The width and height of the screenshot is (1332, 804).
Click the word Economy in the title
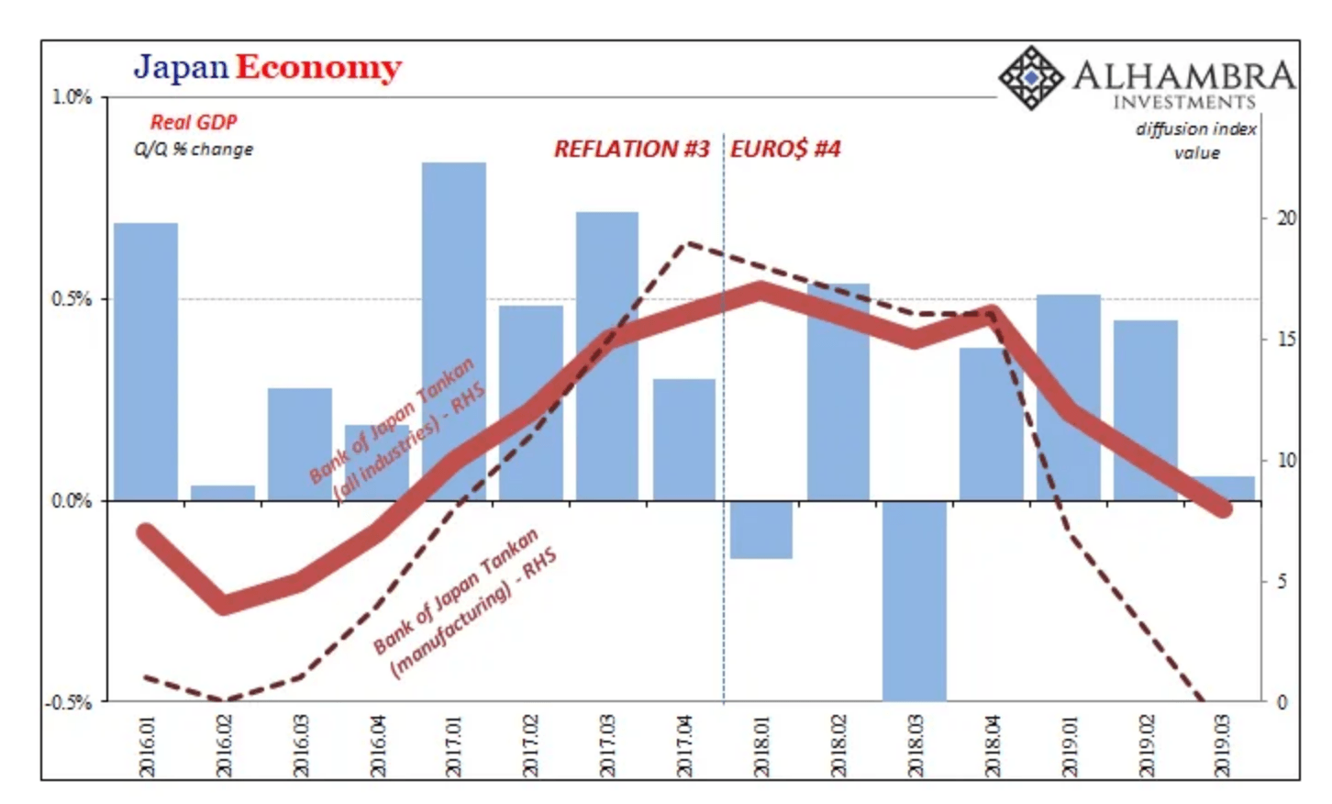pos(318,68)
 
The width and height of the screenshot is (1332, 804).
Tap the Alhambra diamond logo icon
pos(1029,78)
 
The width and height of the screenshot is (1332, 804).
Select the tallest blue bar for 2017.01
pos(454,330)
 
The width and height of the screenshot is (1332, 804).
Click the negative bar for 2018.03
pos(915,601)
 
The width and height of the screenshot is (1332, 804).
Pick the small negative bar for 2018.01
pos(761,530)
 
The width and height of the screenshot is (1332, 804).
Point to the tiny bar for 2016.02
pos(223,493)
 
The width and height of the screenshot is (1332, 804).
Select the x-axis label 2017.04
pos(684,746)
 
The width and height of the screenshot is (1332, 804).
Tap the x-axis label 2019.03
pos(1222,746)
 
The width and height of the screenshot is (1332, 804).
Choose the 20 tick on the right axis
pos(1286,218)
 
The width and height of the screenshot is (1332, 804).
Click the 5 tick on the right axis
pos(1282,581)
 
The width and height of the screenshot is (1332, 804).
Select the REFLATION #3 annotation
pos(631,149)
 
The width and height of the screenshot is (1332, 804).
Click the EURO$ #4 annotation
pos(785,149)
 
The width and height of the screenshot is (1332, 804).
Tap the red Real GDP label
pos(194,122)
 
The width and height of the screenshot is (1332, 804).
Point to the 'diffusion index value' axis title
pos(1196,140)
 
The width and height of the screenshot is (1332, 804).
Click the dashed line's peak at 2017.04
pos(687,244)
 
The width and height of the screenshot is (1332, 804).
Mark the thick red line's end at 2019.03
pos(1222,508)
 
